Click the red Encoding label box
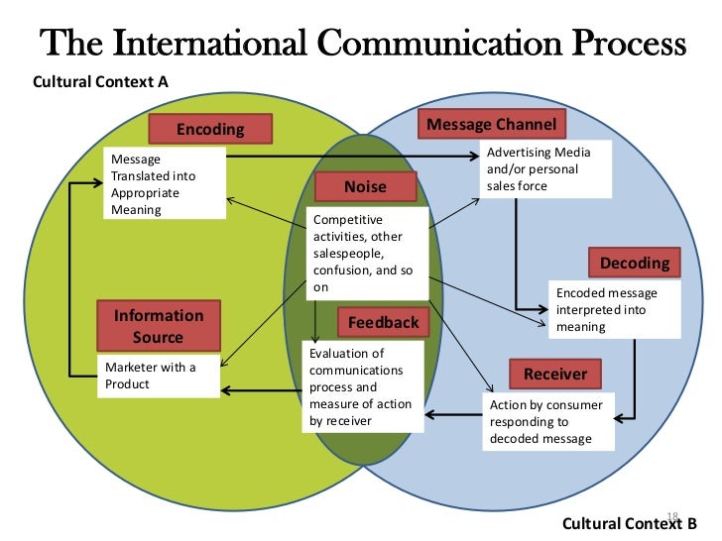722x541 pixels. [x=210, y=129]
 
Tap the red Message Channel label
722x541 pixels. [x=492, y=124]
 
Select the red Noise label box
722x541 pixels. [x=365, y=186]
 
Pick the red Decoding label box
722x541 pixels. [x=635, y=263]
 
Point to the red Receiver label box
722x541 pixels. [x=555, y=374]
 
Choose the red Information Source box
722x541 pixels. [x=159, y=327]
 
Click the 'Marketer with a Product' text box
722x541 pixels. [x=159, y=376]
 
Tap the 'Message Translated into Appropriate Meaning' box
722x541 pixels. [x=164, y=183]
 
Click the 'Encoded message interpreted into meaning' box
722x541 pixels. [x=614, y=309]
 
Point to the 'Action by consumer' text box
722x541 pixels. [x=548, y=421]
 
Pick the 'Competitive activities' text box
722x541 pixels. [x=368, y=253]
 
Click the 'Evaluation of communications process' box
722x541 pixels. [x=356, y=386]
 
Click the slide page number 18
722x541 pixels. [x=670, y=515]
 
